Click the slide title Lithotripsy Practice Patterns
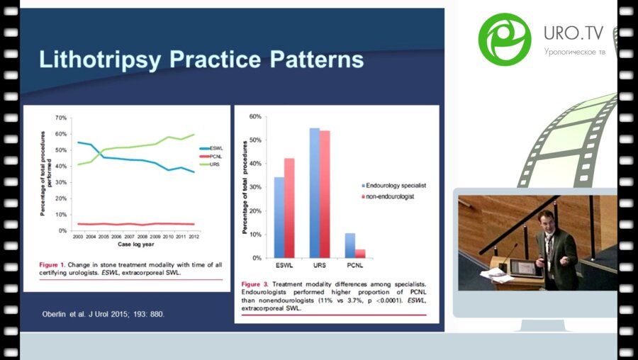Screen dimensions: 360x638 pyautogui.click(x=201, y=59)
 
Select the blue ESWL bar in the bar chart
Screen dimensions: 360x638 pyautogui.click(x=279, y=217)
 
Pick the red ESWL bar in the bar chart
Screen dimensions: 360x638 pyautogui.click(x=289, y=208)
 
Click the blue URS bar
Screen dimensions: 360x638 pyautogui.click(x=315, y=193)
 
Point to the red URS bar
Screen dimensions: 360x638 pyautogui.click(x=325, y=194)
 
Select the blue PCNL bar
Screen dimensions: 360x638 pyautogui.click(x=349, y=245)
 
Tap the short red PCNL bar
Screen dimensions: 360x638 pyautogui.click(x=360, y=253)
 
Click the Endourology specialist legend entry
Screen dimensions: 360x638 pyautogui.click(x=397, y=186)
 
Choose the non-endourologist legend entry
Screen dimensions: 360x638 pyautogui.click(x=392, y=196)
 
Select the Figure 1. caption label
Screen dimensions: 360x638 pyautogui.click(x=55, y=264)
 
